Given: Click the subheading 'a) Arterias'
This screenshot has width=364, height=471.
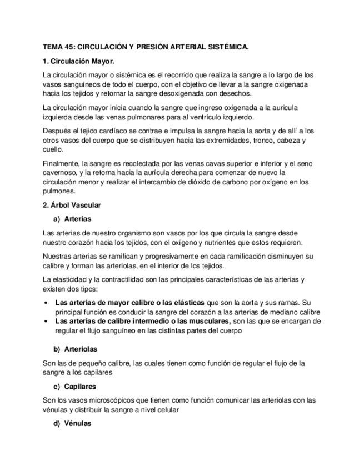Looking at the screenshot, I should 73,219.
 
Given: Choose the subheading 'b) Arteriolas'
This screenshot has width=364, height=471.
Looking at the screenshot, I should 75,349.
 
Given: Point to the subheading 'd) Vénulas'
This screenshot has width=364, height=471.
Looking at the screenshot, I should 73,423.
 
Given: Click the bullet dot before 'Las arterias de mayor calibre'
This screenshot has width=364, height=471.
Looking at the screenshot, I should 45,303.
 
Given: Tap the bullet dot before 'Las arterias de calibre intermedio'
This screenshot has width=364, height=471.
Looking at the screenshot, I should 45,321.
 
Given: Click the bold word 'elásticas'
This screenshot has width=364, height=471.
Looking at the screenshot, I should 188,303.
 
